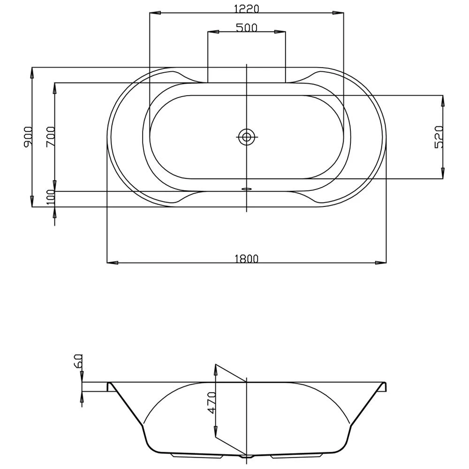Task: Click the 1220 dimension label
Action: click(247, 8)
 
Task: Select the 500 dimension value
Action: click(247, 28)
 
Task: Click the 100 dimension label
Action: click(51, 197)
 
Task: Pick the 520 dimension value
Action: click(439, 137)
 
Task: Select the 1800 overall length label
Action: click(247, 258)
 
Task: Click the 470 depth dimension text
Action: click(212, 402)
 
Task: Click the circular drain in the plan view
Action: click(247, 137)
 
